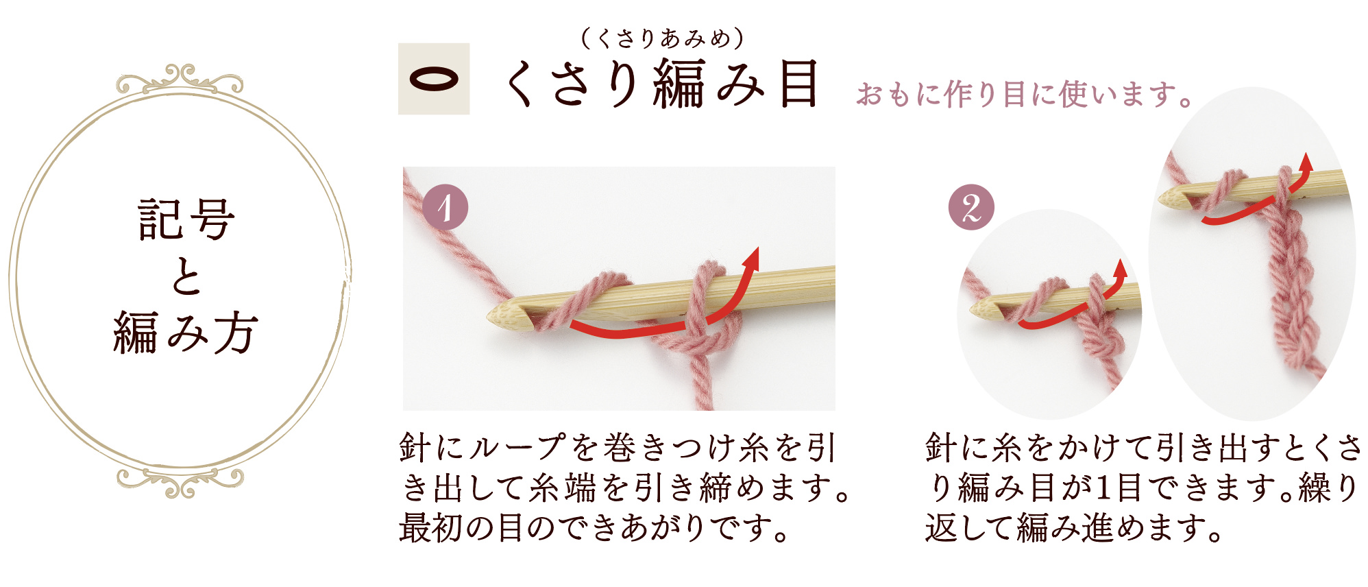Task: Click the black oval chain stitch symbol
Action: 434,79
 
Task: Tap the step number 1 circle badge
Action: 445,207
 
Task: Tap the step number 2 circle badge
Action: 971,207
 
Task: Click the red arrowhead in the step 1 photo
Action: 753,258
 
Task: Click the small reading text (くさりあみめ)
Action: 662,38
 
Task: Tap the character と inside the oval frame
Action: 186,277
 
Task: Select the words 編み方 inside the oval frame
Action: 186,333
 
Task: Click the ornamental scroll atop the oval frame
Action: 180,80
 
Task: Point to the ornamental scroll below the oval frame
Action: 180,481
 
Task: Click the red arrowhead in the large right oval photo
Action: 1306,162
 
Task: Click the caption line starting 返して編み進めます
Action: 1074,529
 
